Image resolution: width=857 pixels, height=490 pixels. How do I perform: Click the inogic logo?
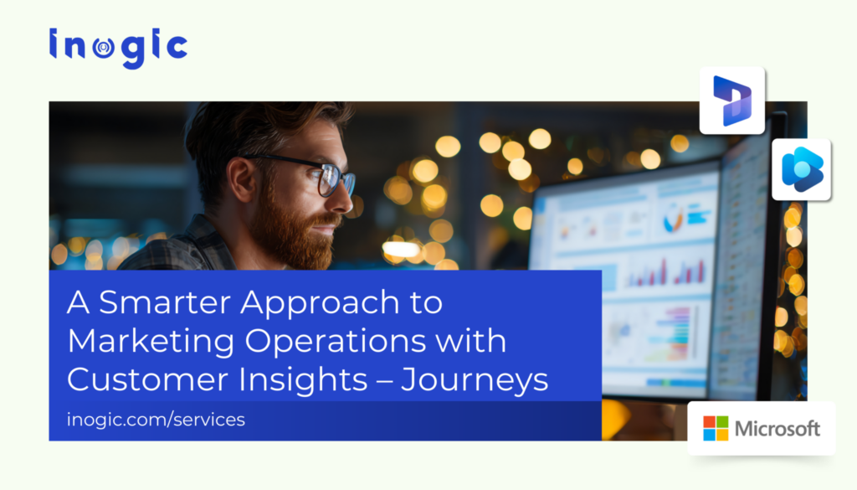coord(118,48)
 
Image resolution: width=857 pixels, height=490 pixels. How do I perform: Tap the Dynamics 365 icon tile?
coord(732,101)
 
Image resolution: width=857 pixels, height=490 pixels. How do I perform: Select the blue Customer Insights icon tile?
coord(802,169)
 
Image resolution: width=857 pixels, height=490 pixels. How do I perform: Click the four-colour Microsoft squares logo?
coord(716,428)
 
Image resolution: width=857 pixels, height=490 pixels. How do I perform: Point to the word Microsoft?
coord(777,428)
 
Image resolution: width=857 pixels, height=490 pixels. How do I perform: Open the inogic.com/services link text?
coord(156,420)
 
